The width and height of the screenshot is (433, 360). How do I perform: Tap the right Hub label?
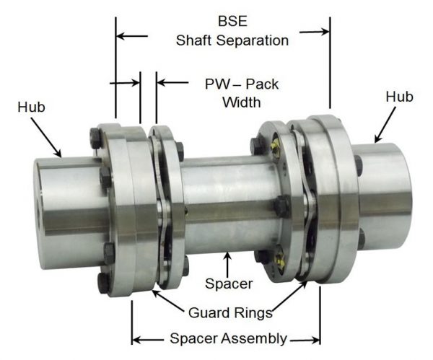pos(400,96)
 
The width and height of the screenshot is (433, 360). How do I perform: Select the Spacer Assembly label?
pos(227,338)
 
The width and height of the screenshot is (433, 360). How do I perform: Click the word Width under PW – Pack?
pos(241,102)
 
